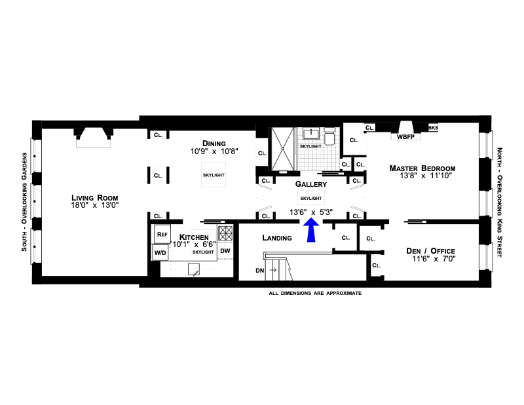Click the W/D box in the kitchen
pos(160,251)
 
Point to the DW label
pos(225,250)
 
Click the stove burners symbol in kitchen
pos(226,233)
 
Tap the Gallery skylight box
pos(310,197)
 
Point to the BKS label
pos(433,128)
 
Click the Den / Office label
pos(430,251)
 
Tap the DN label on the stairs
pos(260,269)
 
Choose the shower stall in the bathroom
pos(284,147)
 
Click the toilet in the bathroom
pos(329,138)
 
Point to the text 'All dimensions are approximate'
pos(315,293)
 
